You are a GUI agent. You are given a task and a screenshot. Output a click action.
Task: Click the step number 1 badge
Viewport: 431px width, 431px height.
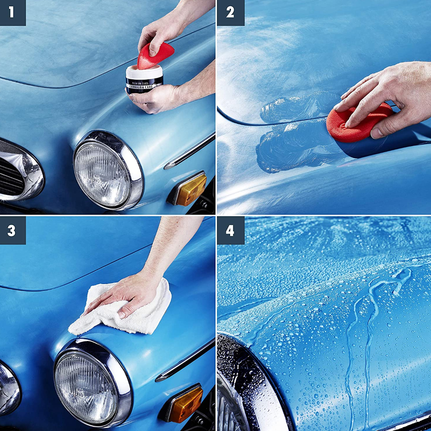[12, 12]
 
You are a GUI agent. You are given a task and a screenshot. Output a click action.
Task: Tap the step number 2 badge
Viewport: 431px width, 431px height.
[231, 12]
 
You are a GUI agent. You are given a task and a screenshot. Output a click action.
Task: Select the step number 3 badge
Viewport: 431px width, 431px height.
[12, 230]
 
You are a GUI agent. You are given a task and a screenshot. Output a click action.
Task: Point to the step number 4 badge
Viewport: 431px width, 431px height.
[231, 230]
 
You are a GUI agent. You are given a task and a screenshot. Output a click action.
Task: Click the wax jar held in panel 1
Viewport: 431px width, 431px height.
[144, 80]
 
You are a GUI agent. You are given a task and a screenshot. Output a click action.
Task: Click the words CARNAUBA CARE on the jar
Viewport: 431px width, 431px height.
[144, 86]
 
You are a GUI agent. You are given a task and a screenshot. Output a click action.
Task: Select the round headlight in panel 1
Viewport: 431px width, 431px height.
[108, 170]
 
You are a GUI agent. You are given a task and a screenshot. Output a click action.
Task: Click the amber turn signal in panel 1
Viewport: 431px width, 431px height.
[189, 189]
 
